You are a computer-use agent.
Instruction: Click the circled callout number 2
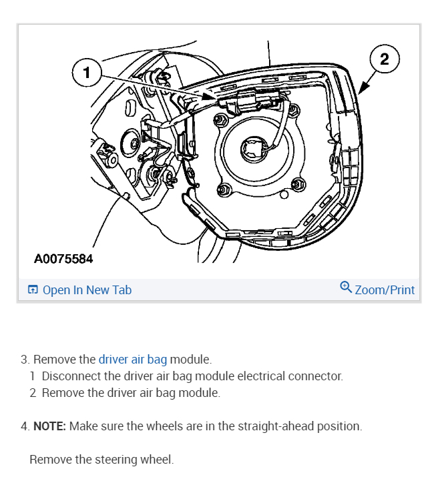point(384,59)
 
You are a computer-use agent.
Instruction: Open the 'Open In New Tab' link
point(87,290)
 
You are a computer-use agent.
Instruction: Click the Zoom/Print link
point(385,290)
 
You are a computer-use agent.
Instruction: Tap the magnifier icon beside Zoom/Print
point(346,288)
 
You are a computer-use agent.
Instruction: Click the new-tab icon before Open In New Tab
point(33,290)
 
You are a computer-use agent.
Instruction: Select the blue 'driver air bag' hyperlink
point(133,360)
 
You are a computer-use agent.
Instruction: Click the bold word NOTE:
point(49,426)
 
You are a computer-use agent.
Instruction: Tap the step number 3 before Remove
point(24,360)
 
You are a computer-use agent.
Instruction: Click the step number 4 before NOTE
point(24,426)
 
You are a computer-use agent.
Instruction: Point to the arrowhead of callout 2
point(360,92)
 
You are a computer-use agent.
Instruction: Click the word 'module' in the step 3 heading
point(190,360)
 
